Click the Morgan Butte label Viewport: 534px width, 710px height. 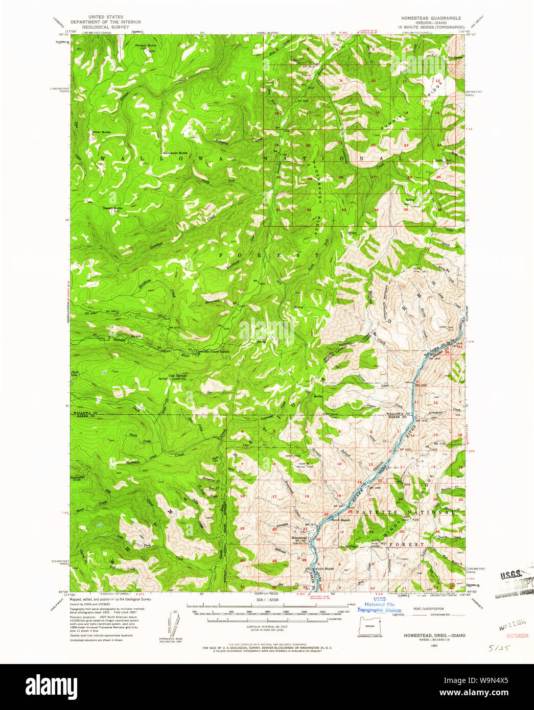145,45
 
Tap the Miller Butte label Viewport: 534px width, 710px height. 101,132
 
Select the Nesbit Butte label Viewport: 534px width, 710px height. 112,208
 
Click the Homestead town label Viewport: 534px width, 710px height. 299,538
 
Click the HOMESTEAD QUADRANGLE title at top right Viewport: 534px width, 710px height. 431,18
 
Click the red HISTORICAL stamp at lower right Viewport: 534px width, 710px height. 517,636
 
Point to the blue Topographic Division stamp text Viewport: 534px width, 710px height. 379,610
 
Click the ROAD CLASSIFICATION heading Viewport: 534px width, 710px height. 429,609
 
